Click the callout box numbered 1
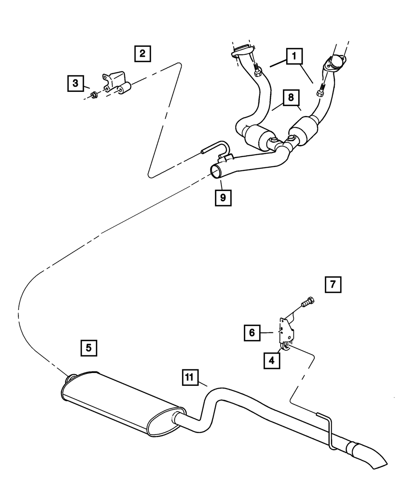294,56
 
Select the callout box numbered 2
143,53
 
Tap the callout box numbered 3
75,83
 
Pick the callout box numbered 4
272,360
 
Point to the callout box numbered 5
89,347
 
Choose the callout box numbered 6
252,333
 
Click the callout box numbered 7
332,284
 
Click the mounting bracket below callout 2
115,81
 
